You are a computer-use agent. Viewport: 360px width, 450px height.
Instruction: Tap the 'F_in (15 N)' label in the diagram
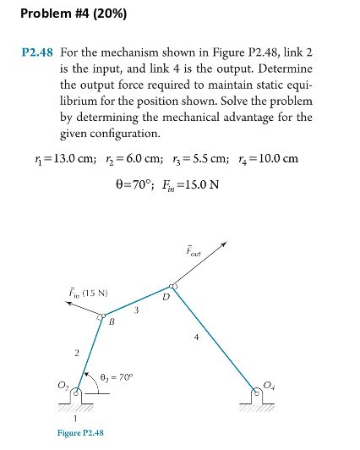point(85,294)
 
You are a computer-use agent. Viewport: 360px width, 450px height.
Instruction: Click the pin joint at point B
point(101,319)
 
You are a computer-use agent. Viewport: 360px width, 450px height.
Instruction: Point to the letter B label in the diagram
point(111,323)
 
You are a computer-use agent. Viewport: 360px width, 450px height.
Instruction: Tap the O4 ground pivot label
point(269,386)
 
